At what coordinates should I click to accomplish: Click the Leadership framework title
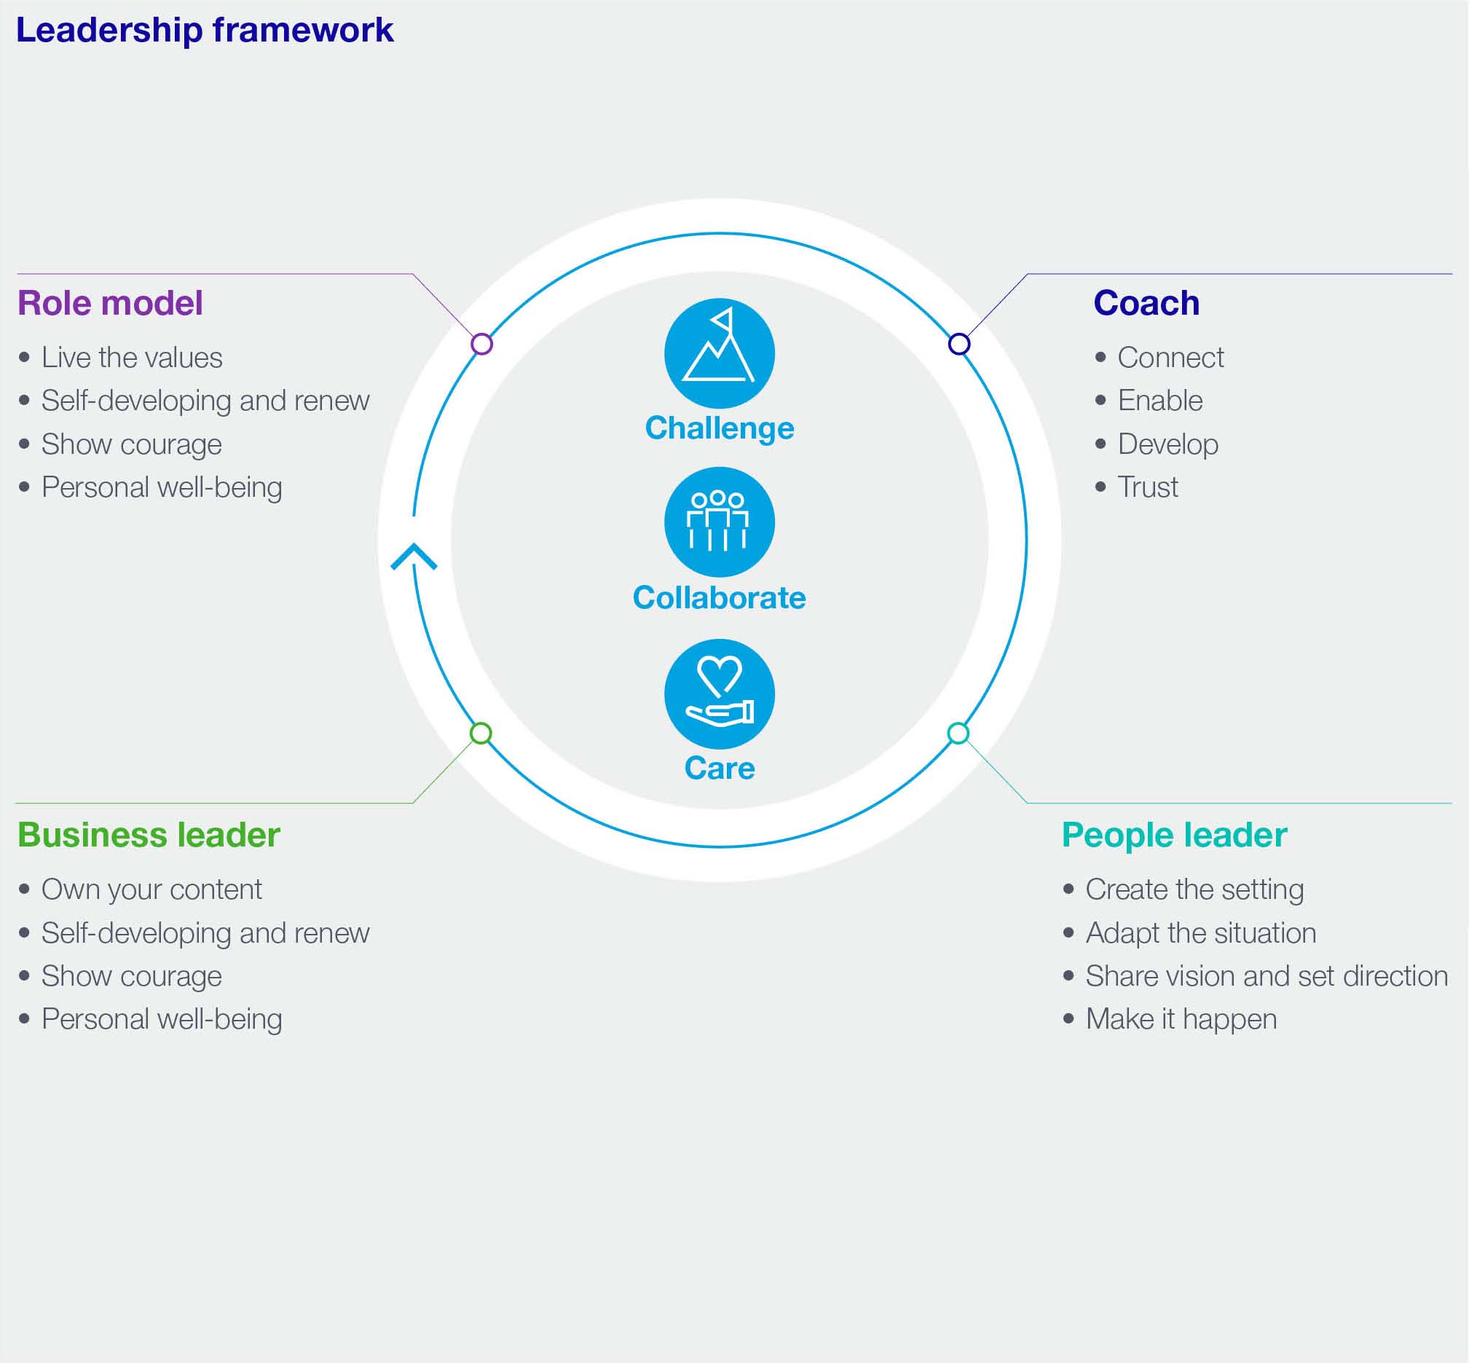coord(204,31)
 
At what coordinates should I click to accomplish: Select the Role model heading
coord(110,303)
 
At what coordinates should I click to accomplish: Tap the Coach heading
coord(1146,303)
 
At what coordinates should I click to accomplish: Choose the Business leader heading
coord(149,835)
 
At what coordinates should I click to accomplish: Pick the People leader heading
coord(1174,835)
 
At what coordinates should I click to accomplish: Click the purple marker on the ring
coord(481,344)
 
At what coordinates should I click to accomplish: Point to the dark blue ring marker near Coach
coord(958,344)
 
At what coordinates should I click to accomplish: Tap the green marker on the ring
coord(481,733)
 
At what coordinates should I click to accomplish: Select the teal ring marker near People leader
coord(958,733)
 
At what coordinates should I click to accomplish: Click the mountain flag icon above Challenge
coord(719,353)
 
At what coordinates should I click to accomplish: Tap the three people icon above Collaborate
coord(719,522)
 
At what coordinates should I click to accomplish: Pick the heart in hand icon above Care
coord(719,694)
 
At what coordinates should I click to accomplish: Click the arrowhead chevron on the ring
coord(414,557)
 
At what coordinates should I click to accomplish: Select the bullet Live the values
coord(131,358)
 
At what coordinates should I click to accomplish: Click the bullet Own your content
coord(151,889)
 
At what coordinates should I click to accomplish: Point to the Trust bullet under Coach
coord(1148,487)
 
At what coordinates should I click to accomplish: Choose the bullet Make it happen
coord(1181,1019)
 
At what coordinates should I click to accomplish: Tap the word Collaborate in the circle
coord(719,597)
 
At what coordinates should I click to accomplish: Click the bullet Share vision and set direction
coord(1267,975)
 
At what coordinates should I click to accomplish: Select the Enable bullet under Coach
coord(1160,401)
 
